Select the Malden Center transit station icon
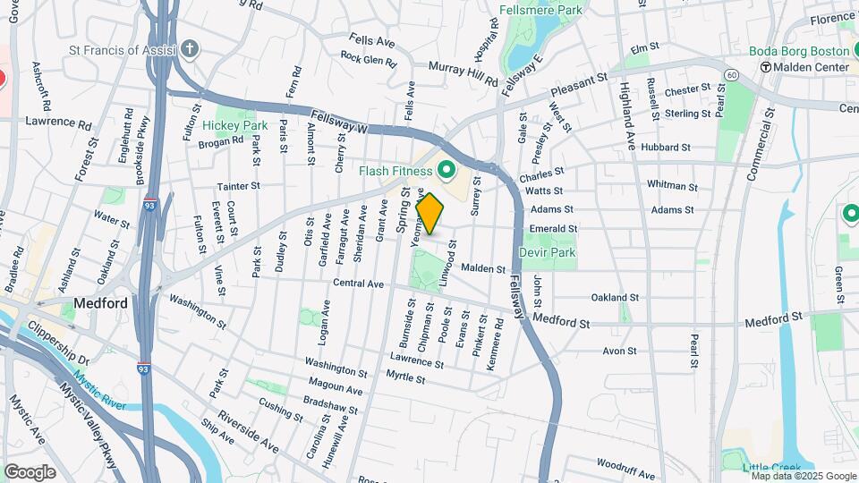(x=766, y=67)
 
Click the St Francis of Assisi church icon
(x=189, y=49)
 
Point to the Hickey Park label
(x=234, y=126)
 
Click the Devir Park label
(x=547, y=252)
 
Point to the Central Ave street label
(x=358, y=284)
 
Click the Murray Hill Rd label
(x=463, y=74)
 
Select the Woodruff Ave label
(x=627, y=464)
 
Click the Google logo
(x=30, y=471)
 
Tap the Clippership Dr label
(x=57, y=346)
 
